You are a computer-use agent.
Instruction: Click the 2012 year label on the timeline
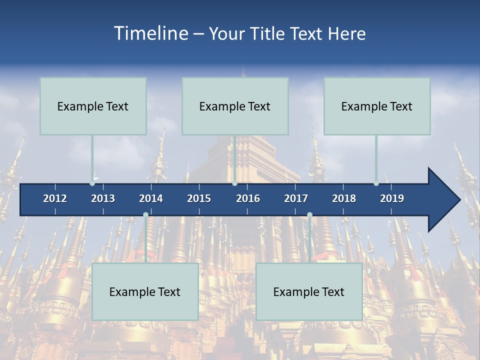click(55, 198)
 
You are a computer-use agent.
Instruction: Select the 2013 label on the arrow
click(103, 198)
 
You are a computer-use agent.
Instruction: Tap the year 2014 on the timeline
click(151, 198)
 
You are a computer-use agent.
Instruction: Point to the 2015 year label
click(199, 198)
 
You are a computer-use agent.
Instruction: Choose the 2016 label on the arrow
click(248, 198)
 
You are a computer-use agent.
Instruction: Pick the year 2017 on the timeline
click(296, 198)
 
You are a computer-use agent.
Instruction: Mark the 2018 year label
click(344, 198)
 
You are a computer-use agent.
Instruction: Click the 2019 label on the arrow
click(392, 198)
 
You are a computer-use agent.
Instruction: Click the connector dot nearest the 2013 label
click(92, 183)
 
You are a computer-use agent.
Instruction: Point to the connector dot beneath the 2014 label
click(145, 215)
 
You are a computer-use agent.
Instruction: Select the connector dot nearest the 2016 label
click(234, 183)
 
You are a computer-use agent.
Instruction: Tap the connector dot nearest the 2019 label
click(376, 183)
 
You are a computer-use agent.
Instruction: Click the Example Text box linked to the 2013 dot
click(93, 106)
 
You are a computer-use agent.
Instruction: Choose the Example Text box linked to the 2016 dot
click(235, 106)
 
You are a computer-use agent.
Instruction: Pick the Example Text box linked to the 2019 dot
click(377, 106)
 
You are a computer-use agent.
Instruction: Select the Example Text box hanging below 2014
click(145, 291)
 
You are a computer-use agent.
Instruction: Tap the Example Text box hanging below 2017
click(309, 291)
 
